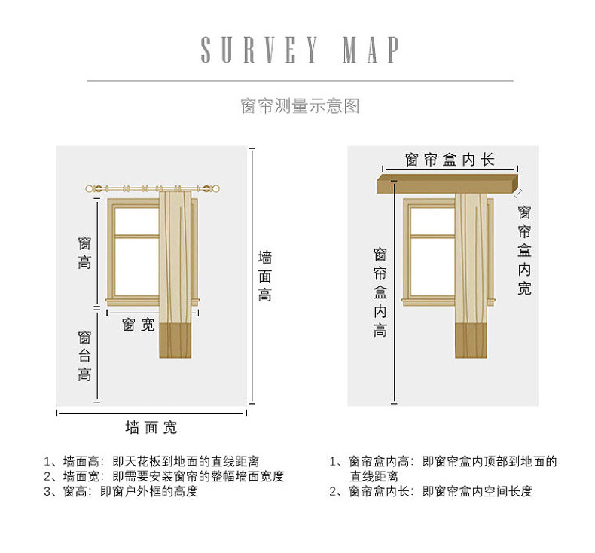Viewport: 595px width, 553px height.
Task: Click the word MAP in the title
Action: (x=371, y=49)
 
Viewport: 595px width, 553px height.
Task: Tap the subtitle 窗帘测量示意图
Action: (x=300, y=106)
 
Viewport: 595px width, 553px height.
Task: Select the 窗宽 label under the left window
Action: (x=138, y=325)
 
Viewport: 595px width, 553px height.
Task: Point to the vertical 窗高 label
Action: (x=84, y=253)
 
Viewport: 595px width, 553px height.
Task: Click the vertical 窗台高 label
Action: (x=84, y=356)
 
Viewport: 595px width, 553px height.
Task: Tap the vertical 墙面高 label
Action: (x=265, y=276)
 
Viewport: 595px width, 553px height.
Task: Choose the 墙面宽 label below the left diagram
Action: (x=151, y=427)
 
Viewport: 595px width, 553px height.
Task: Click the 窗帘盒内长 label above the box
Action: (x=450, y=160)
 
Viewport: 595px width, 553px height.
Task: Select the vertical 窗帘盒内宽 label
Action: (x=524, y=250)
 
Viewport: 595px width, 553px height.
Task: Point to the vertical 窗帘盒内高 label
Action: (x=380, y=292)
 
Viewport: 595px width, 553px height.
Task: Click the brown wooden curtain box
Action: (x=447, y=184)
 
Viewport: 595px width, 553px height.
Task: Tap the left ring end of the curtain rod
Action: (x=90, y=188)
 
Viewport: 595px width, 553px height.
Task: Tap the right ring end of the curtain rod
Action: (x=215, y=188)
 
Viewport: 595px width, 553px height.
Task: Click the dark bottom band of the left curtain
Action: (x=175, y=341)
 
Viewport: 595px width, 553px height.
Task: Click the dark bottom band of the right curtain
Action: (x=471, y=341)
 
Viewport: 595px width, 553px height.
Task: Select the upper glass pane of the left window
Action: (x=136, y=222)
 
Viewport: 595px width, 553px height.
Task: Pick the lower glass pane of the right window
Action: (x=433, y=267)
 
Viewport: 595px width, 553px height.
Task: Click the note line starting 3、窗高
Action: (x=121, y=491)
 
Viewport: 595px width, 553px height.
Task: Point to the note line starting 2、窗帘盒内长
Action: (x=431, y=491)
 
